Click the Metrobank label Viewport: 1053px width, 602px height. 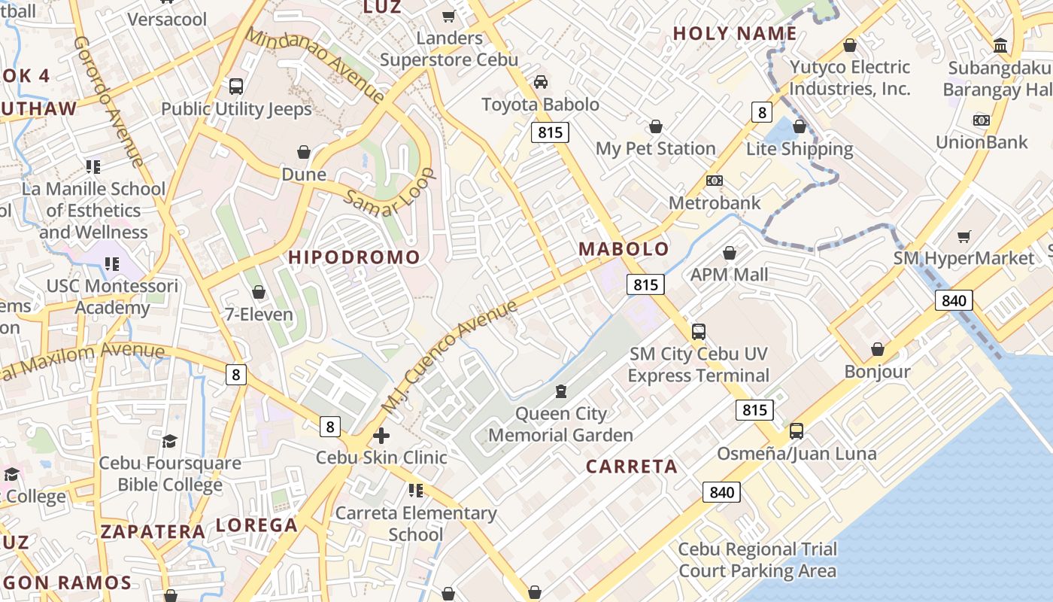(x=715, y=202)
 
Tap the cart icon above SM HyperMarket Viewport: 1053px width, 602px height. (x=964, y=236)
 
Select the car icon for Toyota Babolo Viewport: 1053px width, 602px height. (x=540, y=82)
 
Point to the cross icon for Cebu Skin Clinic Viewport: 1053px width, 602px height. (x=381, y=435)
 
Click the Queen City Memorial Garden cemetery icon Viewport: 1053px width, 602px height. (x=560, y=391)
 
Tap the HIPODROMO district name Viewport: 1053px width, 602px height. (x=354, y=257)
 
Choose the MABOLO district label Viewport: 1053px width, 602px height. (x=624, y=249)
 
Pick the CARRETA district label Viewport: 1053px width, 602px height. (x=632, y=467)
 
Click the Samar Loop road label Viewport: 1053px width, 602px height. (x=390, y=193)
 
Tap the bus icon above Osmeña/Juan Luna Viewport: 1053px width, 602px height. (x=796, y=431)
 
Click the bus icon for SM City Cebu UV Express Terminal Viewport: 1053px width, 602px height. (x=698, y=331)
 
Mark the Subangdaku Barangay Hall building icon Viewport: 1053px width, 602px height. (x=1000, y=45)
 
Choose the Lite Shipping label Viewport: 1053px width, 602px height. (x=800, y=149)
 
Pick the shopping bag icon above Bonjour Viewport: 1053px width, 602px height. (x=877, y=349)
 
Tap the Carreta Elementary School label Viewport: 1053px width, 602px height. (x=416, y=524)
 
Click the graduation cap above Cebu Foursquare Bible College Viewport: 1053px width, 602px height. (x=170, y=441)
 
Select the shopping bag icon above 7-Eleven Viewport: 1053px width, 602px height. (x=259, y=292)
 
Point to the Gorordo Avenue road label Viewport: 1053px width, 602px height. (x=108, y=102)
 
